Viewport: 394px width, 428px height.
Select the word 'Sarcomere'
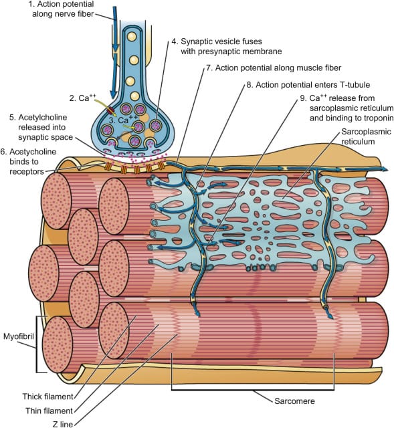tap(274, 402)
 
